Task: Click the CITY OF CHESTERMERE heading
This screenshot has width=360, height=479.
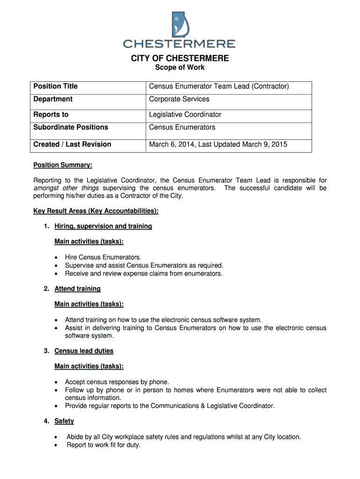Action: (180, 58)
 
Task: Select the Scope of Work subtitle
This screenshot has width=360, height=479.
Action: (180, 68)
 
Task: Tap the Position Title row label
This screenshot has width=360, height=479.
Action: (55, 87)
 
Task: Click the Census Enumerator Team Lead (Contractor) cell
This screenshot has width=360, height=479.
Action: (219, 87)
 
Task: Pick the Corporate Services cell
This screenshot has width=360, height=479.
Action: (179, 99)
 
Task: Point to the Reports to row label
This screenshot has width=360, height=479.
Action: (50, 115)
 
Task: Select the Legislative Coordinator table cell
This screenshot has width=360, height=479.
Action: (185, 115)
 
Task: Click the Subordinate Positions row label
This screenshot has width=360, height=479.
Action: (71, 127)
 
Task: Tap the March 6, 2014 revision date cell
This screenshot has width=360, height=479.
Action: (218, 145)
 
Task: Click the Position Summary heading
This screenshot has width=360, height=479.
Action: (63, 165)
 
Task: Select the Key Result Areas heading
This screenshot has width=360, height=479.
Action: (96, 211)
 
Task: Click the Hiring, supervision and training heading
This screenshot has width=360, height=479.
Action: (103, 226)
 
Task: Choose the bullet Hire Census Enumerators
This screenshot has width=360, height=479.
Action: (103, 257)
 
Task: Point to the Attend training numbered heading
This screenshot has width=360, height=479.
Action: (77, 289)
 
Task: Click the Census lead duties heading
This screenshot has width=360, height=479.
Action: (84, 351)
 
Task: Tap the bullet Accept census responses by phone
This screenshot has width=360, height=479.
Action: (117, 382)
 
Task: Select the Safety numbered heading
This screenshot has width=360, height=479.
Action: (64, 421)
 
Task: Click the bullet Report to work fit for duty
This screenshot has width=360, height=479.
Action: (103, 445)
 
